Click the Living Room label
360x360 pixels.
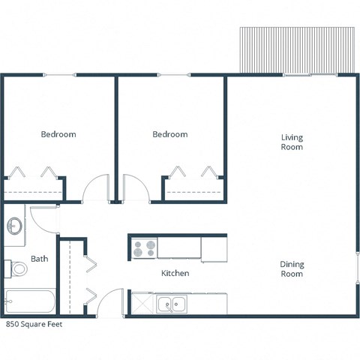[x=292, y=142]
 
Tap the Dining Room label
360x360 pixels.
[x=292, y=268]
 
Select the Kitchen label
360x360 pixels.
[x=175, y=273]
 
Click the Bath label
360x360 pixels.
[x=39, y=259]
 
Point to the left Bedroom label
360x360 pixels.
[x=58, y=134]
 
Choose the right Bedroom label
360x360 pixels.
[x=169, y=134]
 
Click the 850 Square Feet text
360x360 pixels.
[x=34, y=325]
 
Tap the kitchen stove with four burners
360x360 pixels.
[x=144, y=247]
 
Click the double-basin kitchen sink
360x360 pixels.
[x=172, y=304]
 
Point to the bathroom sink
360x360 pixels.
[x=15, y=225]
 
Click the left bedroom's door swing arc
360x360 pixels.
[x=96, y=187]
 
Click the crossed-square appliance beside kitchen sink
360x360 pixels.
[x=141, y=304]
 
